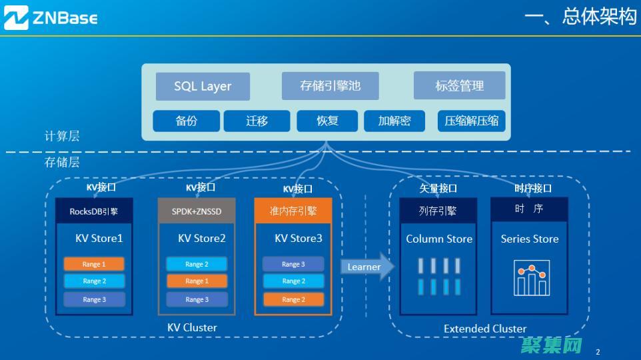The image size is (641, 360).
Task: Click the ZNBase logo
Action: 51,18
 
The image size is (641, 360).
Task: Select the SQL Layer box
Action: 203,86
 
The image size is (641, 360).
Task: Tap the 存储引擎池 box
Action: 330,86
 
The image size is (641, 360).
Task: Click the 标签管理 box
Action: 459,86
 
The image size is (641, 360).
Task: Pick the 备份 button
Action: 187,121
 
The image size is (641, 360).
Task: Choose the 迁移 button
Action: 257,121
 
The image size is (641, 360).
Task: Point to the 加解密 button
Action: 394,121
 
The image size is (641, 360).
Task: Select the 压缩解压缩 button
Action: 472,121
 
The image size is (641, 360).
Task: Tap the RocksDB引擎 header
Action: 94,211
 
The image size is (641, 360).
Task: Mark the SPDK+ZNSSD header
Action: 197,211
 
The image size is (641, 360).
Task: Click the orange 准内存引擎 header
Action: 293,211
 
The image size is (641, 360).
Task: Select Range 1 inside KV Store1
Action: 94,264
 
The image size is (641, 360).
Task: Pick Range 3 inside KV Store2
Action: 197,299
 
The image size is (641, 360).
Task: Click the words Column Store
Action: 439,239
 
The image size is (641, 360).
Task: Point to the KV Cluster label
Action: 192,327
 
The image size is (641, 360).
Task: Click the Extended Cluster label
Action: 485,329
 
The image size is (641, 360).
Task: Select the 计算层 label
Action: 62,136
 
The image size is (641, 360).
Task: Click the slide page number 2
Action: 598,351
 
